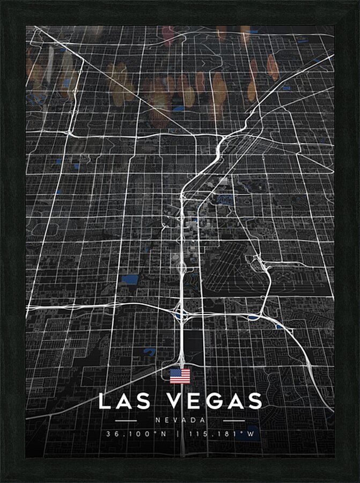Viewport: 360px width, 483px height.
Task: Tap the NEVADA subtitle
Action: pos(180,420)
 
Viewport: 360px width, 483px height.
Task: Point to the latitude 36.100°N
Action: pos(137,434)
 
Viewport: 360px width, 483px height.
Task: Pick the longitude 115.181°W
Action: pos(222,434)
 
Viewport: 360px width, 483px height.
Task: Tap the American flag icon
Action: pos(180,376)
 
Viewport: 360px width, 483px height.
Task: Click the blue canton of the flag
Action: pos(174,373)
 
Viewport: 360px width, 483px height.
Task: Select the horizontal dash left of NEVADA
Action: pos(126,420)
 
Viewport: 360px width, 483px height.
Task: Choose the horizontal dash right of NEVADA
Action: pos(234,420)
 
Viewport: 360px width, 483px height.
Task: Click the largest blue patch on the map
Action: pos(129,279)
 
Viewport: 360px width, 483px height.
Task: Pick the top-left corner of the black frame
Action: pos(2,2)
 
